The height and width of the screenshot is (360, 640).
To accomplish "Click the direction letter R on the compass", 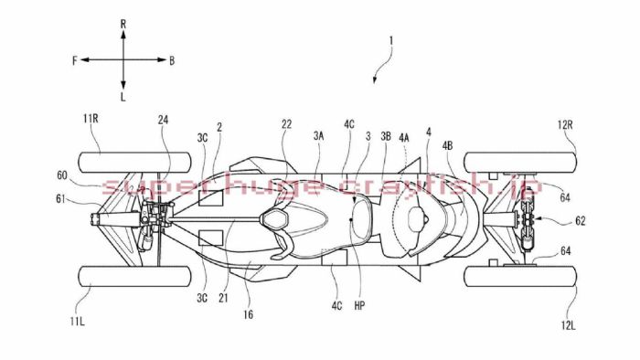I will [x=123, y=19].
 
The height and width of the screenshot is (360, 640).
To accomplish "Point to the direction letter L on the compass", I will [x=123, y=95].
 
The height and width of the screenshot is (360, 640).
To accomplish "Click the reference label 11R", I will [x=92, y=119].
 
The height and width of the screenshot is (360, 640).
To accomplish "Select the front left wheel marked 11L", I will [x=137, y=276].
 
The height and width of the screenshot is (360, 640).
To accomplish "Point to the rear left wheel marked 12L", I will [x=520, y=276].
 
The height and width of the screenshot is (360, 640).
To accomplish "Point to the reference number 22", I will [x=287, y=125].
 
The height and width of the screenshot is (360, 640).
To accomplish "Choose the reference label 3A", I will [x=317, y=133].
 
